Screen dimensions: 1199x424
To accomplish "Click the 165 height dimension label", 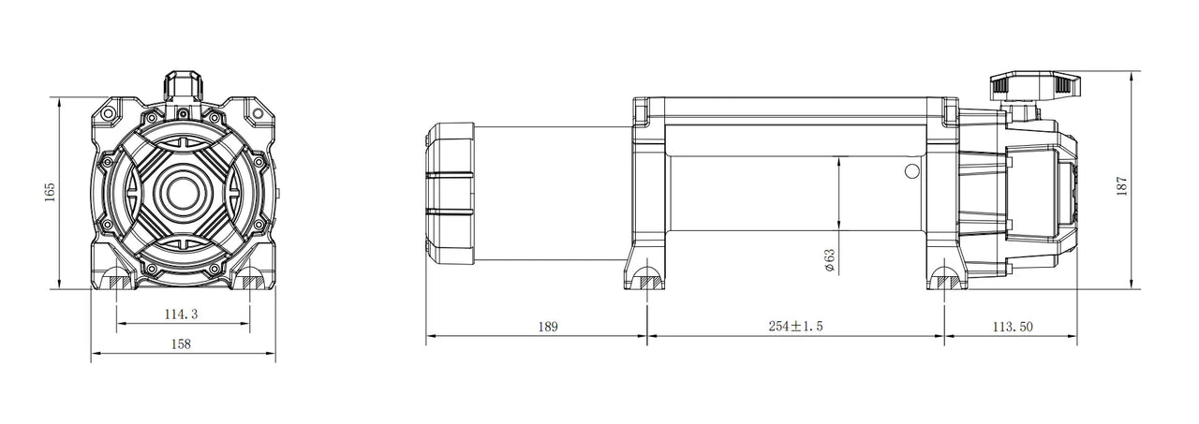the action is point(50,193).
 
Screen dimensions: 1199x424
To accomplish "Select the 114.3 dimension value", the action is point(181,314).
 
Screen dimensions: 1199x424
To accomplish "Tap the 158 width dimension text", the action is point(181,344).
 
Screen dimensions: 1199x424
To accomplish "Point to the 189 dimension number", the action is point(548,326).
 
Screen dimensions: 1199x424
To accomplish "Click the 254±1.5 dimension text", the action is point(795,326).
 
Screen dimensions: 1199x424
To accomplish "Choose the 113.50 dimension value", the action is point(1013,326).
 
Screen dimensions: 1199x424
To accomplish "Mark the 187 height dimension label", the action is point(1122,185).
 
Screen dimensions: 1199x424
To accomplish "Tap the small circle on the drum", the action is point(912,171).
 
